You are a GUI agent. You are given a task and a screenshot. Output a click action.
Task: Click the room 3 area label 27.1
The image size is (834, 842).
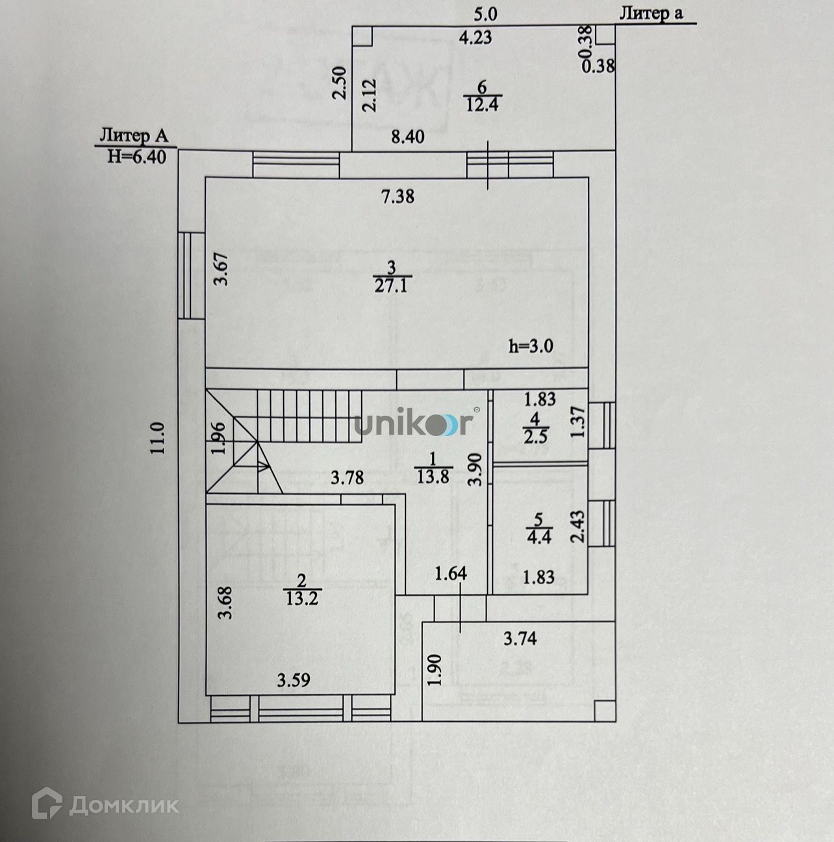click(391, 286)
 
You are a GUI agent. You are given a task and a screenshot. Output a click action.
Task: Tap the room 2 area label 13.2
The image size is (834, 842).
click(302, 598)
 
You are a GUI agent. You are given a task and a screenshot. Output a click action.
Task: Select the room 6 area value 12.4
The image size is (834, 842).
click(481, 104)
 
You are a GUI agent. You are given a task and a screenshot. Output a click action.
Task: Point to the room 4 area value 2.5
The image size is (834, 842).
click(536, 435)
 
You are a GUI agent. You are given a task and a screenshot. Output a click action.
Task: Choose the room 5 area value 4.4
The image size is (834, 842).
click(539, 537)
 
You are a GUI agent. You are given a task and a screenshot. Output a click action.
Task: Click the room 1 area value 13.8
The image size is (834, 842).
click(433, 477)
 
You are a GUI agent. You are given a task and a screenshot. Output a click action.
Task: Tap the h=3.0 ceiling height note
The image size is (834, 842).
click(531, 346)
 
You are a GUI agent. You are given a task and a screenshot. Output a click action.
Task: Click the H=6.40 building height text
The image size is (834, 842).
click(136, 157)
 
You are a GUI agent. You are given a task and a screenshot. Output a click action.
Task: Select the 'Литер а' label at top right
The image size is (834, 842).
click(651, 14)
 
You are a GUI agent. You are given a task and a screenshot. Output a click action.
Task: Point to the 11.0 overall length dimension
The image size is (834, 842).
click(159, 438)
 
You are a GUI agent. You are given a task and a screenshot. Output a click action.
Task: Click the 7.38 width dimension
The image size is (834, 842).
click(398, 196)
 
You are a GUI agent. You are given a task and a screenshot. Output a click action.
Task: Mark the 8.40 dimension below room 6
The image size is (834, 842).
click(407, 136)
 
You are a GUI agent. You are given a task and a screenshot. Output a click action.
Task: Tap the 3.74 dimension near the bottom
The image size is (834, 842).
click(520, 639)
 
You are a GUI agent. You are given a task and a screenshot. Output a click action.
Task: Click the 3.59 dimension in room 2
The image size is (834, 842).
click(294, 680)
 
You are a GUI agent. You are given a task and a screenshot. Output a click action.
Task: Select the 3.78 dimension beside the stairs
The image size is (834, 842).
click(347, 478)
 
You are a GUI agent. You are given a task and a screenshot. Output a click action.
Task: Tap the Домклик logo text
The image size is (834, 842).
click(106, 805)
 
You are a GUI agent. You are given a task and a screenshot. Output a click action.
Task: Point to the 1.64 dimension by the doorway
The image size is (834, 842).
click(451, 574)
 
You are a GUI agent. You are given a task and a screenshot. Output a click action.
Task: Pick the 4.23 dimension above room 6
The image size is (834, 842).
click(475, 38)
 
